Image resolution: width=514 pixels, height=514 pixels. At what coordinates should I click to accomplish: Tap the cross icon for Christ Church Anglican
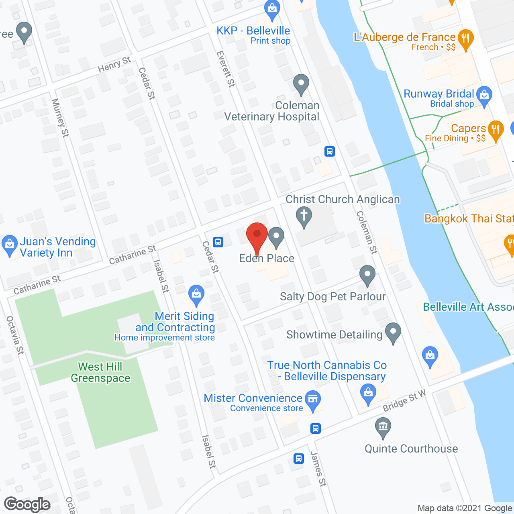click(x=304, y=216)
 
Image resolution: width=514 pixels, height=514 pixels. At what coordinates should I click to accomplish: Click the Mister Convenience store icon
click(x=313, y=400)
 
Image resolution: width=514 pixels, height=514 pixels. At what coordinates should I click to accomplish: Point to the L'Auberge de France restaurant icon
click(x=465, y=39)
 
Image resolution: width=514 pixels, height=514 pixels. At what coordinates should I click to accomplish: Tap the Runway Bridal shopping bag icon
click(x=484, y=96)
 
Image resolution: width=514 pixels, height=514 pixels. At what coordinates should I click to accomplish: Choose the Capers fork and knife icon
click(x=496, y=130)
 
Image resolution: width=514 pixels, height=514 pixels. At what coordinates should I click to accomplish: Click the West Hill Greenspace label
click(x=100, y=372)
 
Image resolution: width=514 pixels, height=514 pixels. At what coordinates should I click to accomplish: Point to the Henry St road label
click(x=114, y=64)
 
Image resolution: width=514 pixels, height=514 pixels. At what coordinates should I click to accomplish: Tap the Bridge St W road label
click(x=404, y=401)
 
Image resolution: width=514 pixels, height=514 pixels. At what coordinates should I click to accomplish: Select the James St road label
click(x=318, y=469)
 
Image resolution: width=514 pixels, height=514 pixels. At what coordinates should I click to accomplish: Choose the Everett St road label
click(x=225, y=69)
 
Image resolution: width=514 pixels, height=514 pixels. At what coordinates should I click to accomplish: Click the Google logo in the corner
click(x=27, y=504)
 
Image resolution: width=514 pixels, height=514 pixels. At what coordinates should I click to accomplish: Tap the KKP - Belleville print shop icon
click(x=272, y=9)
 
